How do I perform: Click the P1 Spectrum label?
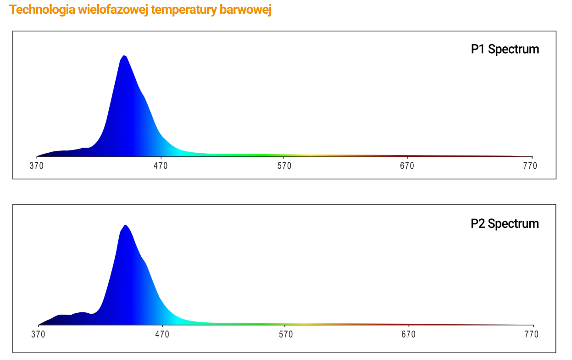pyautogui.click(x=505, y=49)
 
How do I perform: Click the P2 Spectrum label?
pyautogui.click(x=505, y=224)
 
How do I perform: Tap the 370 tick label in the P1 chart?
pyautogui.click(x=37, y=166)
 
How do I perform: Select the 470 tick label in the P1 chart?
pyautogui.click(x=161, y=166)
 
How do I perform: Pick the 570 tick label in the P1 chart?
pyautogui.click(x=284, y=166)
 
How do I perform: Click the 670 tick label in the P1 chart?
pyautogui.click(x=407, y=166)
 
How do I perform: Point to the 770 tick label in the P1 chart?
pyautogui.click(x=530, y=166)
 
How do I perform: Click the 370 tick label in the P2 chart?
pyautogui.click(x=38, y=334)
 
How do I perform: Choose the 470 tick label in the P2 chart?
pyautogui.click(x=162, y=334)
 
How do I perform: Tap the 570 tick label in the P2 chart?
pyautogui.click(x=285, y=334)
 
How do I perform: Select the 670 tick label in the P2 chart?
pyautogui.click(x=408, y=334)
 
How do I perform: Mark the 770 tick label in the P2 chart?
pyautogui.click(x=531, y=334)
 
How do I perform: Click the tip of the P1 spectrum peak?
pyautogui.click(x=124, y=55)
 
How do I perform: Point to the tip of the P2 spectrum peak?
pyautogui.click(x=125, y=225)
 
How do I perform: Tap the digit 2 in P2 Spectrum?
pyautogui.click(x=481, y=224)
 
